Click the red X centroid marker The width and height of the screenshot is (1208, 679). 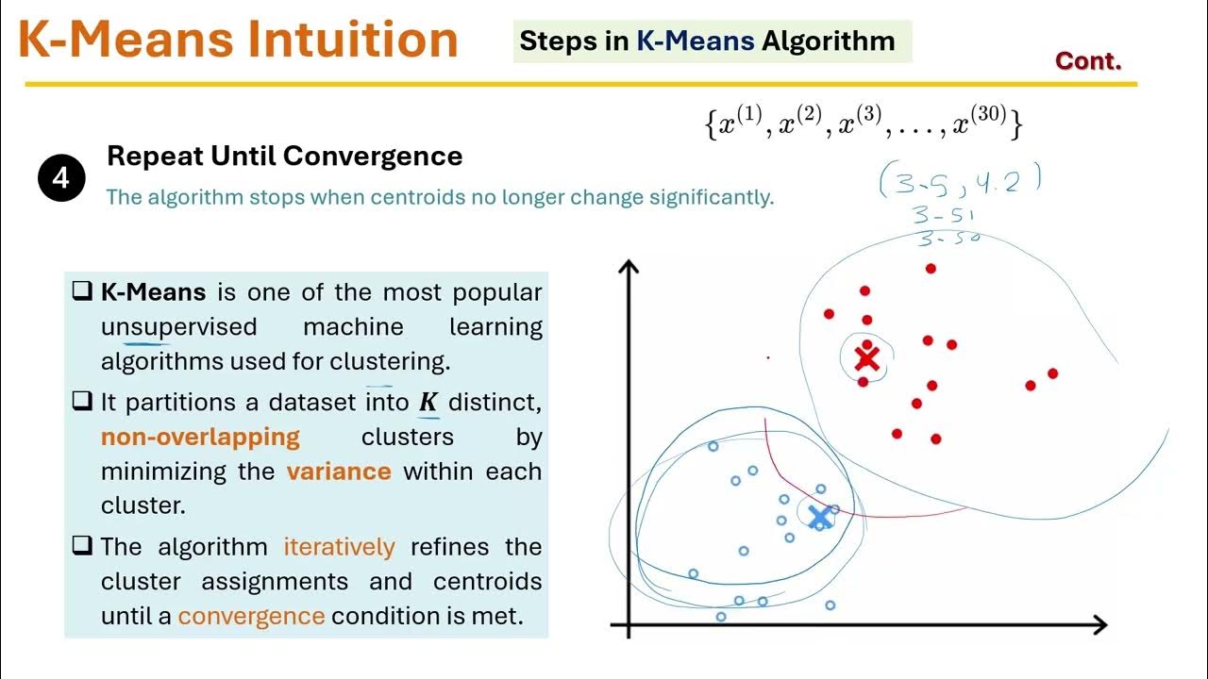pos(865,358)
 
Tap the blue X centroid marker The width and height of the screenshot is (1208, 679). pos(819,516)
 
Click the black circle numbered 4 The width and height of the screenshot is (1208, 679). pos(61,178)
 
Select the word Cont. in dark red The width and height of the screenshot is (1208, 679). pos(1088,61)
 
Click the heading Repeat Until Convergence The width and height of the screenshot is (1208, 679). pos(284,156)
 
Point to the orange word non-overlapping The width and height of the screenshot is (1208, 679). pos(200,437)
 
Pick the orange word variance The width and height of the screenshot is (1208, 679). pos(339,471)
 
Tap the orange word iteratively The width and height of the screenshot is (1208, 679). pos(339,547)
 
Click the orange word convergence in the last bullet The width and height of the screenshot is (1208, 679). pos(251,616)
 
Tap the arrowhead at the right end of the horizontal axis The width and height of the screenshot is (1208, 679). pos(1099,624)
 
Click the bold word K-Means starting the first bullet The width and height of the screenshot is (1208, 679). pos(153,292)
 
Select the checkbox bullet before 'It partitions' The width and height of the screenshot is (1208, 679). pos(81,402)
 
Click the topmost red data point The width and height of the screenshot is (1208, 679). pos(931,269)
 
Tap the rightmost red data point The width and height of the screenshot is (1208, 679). pos(1052,373)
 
